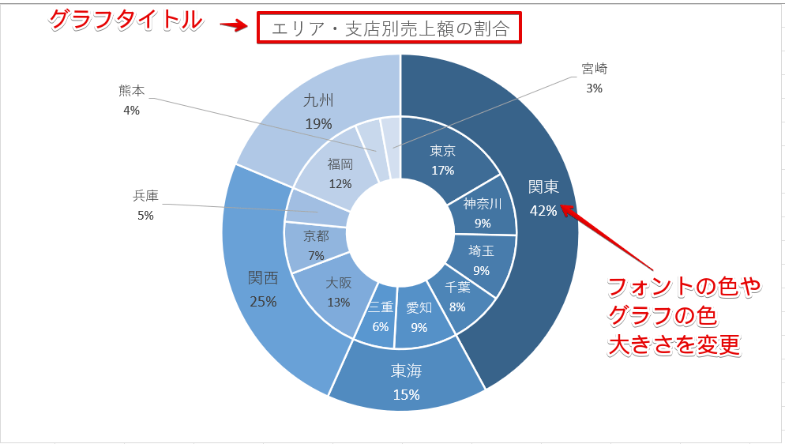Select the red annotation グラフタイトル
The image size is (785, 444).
point(126,21)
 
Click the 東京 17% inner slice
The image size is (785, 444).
point(442,159)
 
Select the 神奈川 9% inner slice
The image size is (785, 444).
point(483,213)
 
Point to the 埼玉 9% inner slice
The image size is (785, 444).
point(481,260)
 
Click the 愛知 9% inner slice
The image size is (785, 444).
point(419,317)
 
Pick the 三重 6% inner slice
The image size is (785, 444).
point(380,316)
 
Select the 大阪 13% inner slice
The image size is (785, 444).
point(338,292)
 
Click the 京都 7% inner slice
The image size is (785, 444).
point(316,245)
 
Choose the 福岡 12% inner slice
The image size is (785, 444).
point(340,173)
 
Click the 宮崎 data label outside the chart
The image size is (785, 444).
point(594,77)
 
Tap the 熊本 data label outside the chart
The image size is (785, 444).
point(131,100)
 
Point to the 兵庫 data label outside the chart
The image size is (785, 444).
point(145,204)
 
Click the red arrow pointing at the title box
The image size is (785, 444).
point(233,26)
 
